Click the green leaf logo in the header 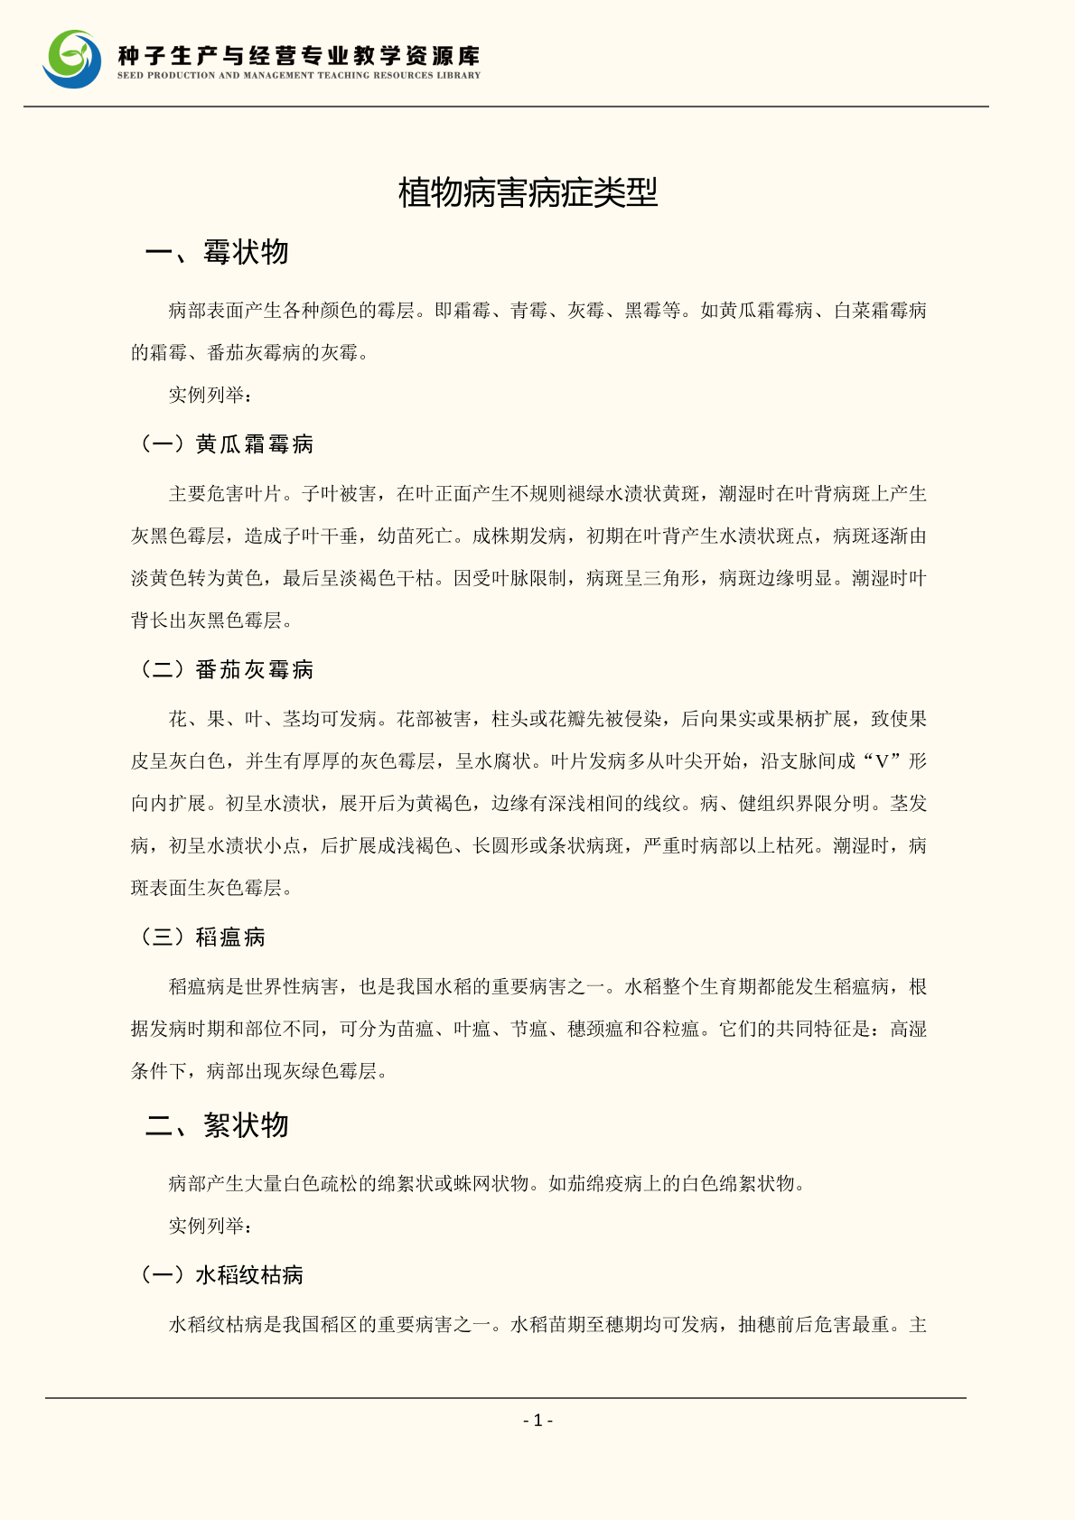click(72, 60)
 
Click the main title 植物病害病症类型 click(528, 192)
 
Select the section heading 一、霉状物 click(217, 252)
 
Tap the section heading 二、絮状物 click(217, 1125)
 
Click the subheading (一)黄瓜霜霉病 click(227, 444)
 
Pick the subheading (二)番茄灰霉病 click(227, 669)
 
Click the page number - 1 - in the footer click(537, 1421)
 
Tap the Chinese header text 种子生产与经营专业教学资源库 click(299, 56)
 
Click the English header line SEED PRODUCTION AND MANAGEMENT click(299, 76)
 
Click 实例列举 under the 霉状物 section click(207, 395)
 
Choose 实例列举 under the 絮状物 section click(207, 1226)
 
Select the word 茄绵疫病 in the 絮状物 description click(615, 1183)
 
